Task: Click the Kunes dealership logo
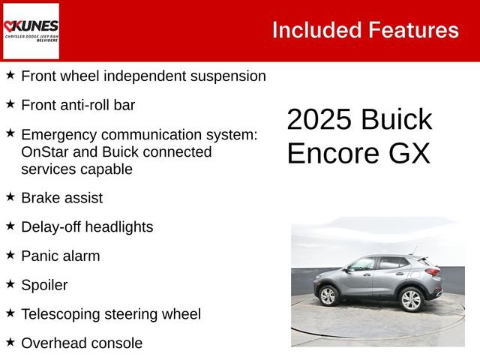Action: pyautogui.click(x=31, y=31)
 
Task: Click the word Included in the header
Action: pyautogui.click(x=316, y=30)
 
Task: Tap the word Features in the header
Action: pyautogui.click(x=413, y=30)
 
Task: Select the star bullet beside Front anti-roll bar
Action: pyautogui.click(x=10, y=104)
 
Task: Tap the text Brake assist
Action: pyautogui.click(x=61, y=198)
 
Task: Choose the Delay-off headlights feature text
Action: pyautogui.click(x=86, y=226)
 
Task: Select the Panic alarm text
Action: pyautogui.click(x=60, y=256)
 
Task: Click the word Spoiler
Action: pyautogui.click(x=44, y=285)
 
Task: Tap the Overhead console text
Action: pyautogui.click(x=81, y=343)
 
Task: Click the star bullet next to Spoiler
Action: pyautogui.click(x=10, y=284)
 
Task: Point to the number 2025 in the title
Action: pyautogui.click(x=318, y=121)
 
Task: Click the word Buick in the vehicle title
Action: pyautogui.click(x=396, y=121)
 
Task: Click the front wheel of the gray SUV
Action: pyautogui.click(x=328, y=295)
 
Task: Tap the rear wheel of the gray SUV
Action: pyautogui.click(x=411, y=299)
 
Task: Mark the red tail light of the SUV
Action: pyautogui.click(x=433, y=271)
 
